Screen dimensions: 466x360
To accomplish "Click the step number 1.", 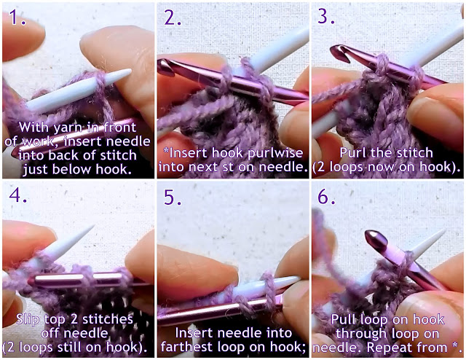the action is (17, 17).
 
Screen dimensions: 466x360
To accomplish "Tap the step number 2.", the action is (173, 17).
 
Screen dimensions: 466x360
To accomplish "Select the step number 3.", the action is (326, 16).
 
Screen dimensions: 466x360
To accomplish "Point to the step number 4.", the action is (17, 195).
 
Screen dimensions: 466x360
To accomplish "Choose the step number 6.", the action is (327, 196).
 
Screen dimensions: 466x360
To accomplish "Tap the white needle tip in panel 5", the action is (298, 278).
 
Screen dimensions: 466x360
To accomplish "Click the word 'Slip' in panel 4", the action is (28, 319).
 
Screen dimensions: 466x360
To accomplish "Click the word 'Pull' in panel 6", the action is (344, 319).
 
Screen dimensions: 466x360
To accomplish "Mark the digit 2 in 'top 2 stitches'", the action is (75, 319).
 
